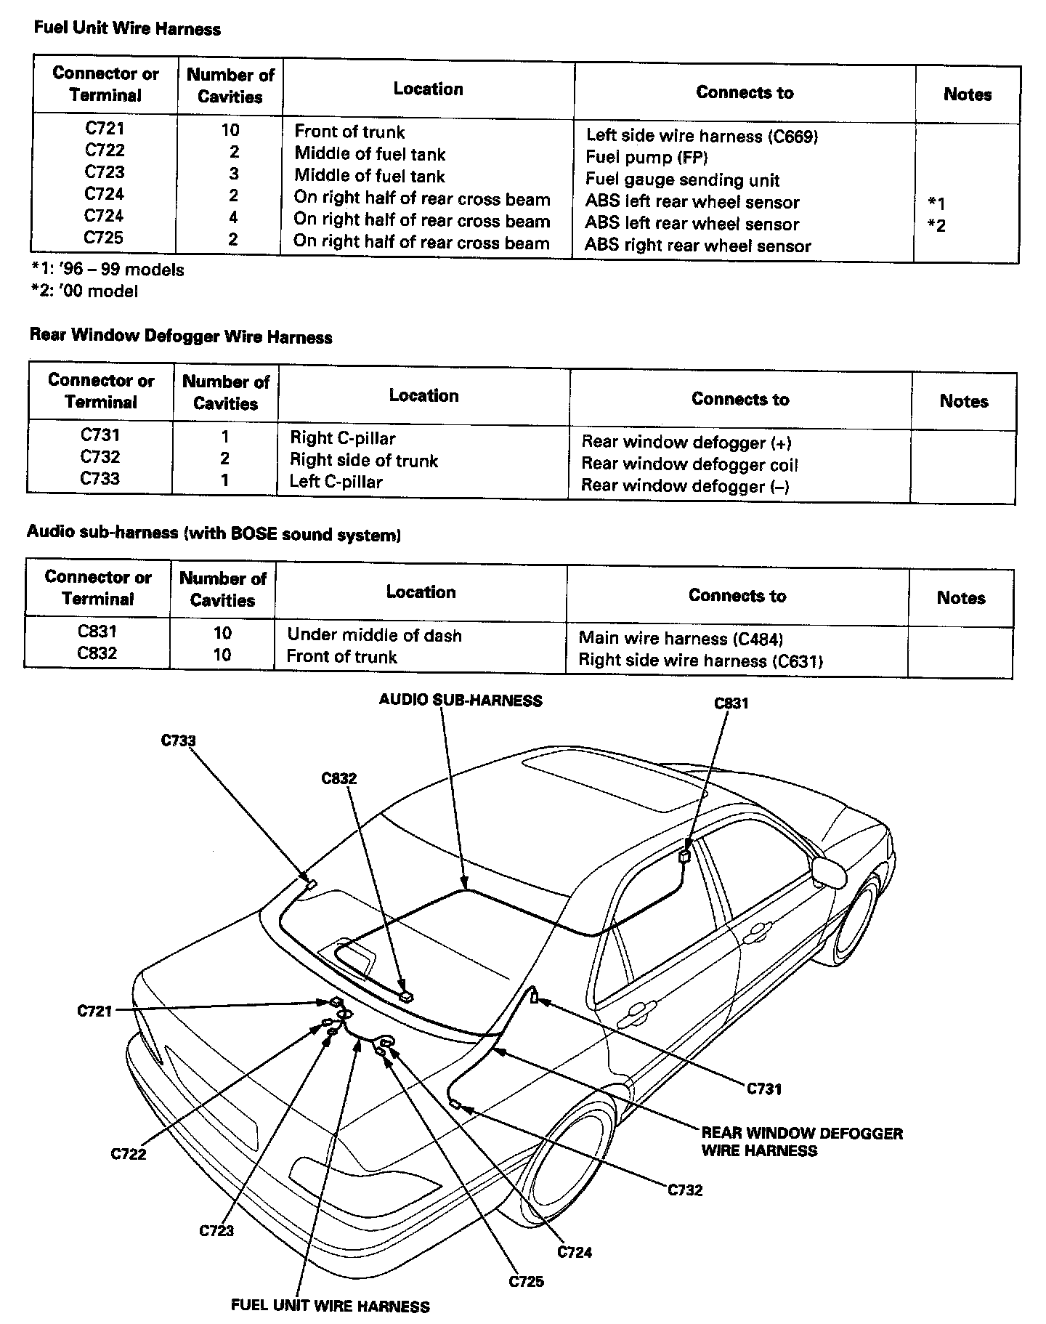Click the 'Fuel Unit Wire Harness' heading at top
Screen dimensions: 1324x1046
click(x=127, y=29)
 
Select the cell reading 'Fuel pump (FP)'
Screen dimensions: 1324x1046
click(x=646, y=158)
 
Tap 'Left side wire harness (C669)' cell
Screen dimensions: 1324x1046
click(x=702, y=136)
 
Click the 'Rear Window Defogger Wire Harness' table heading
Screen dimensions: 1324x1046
click(x=181, y=336)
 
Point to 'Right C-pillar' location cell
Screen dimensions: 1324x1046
click(x=342, y=438)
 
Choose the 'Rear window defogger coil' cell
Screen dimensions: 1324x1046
click(x=689, y=464)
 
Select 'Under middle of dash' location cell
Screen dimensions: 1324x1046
click(x=374, y=635)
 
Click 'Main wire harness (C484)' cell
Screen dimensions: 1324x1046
click(x=681, y=639)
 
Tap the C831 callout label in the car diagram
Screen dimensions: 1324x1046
click(x=731, y=703)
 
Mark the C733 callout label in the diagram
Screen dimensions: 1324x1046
click(x=178, y=740)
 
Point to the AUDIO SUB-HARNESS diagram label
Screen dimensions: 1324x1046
click(x=461, y=701)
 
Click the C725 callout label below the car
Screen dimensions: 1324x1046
click(x=526, y=1281)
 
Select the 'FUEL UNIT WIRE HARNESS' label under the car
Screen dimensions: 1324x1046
click(x=330, y=1305)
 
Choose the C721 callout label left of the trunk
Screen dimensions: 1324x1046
click(x=94, y=1010)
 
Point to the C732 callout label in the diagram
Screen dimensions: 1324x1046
click(x=685, y=1190)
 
